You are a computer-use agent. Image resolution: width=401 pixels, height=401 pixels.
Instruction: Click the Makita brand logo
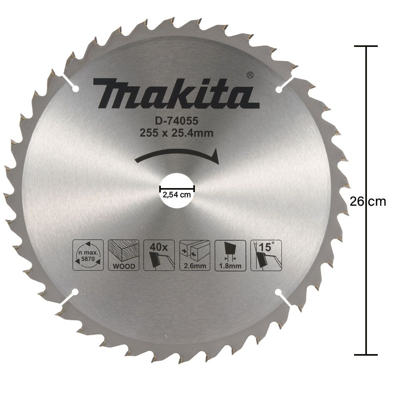coord(173,93)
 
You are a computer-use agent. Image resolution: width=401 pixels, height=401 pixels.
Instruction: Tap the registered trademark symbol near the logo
coord(249,75)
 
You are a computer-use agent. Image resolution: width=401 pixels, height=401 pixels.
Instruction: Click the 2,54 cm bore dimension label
coord(177,195)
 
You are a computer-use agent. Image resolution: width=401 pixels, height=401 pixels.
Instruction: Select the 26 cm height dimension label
coord(368,201)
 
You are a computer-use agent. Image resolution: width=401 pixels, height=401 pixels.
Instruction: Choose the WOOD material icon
coord(124,255)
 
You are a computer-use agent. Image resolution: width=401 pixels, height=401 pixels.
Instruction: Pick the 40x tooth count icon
coord(159,255)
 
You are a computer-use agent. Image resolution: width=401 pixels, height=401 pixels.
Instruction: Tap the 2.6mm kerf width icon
coord(194,255)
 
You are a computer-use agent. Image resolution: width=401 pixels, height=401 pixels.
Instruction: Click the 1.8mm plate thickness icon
coord(230,255)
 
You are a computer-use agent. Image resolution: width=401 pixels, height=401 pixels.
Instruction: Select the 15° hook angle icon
coord(266,255)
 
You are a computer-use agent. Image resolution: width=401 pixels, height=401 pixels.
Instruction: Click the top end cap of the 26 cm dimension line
coord(366,46)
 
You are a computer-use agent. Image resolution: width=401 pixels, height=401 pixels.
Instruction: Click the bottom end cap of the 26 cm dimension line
coord(366,354)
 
